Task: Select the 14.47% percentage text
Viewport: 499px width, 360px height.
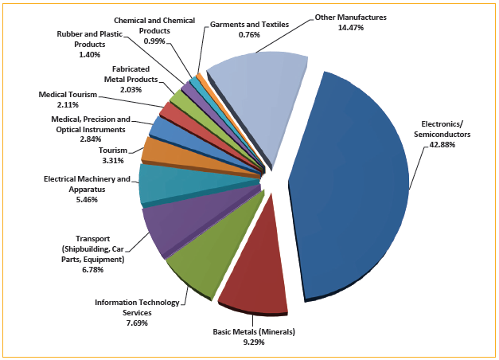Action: [350, 26]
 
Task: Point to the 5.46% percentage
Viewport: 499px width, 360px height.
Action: [87, 199]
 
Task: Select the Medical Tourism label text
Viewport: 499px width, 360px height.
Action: [68, 95]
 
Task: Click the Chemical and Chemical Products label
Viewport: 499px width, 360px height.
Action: [154, 24]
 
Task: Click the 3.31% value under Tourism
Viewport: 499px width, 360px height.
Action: [114, 160]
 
